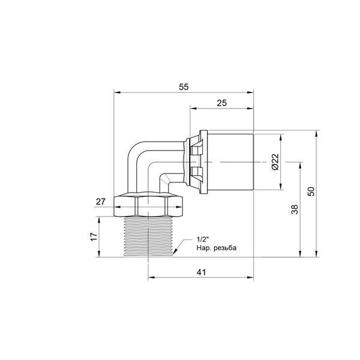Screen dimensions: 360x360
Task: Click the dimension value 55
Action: tap(184, 87)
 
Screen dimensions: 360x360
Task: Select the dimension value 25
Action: tap(221, 103)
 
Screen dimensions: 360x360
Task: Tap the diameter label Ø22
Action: tap(275, 162)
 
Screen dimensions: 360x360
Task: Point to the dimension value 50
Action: tap(311, 191)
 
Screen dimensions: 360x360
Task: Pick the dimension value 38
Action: tap(295, 209)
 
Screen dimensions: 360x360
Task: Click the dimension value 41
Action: tap(202, 272)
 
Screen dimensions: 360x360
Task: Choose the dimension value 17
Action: tap(94, 237)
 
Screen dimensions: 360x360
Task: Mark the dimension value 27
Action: tap(101, 202)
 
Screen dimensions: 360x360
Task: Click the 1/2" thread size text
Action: tap(202, 239)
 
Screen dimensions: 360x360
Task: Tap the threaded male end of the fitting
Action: tap(148, 237)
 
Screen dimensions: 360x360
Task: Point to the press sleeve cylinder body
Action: tap(230, 162)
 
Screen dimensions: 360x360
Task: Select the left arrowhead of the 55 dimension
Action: tap(117, 92)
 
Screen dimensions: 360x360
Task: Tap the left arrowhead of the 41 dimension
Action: tap(151, 277)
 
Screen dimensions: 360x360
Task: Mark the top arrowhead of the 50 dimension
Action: tap(317, 134)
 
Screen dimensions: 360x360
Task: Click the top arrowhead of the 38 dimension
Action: tap(301, 166)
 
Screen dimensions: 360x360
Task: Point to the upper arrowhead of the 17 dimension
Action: tap(99, 220)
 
